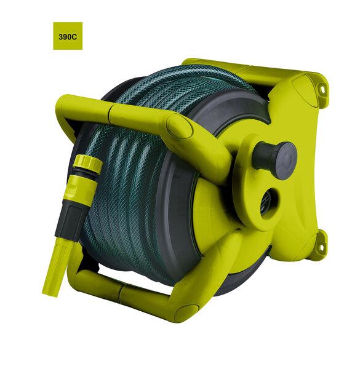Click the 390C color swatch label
pyautogui.click(x=68, y=37)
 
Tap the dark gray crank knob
pyautogui.click(x=275, y=157)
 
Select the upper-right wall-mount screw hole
pyautogui.click(x=322, y=90)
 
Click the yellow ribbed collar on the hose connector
pyautogui.click(x=87, y=162)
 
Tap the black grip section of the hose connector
pyautogui.click(x=68, y=220)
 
